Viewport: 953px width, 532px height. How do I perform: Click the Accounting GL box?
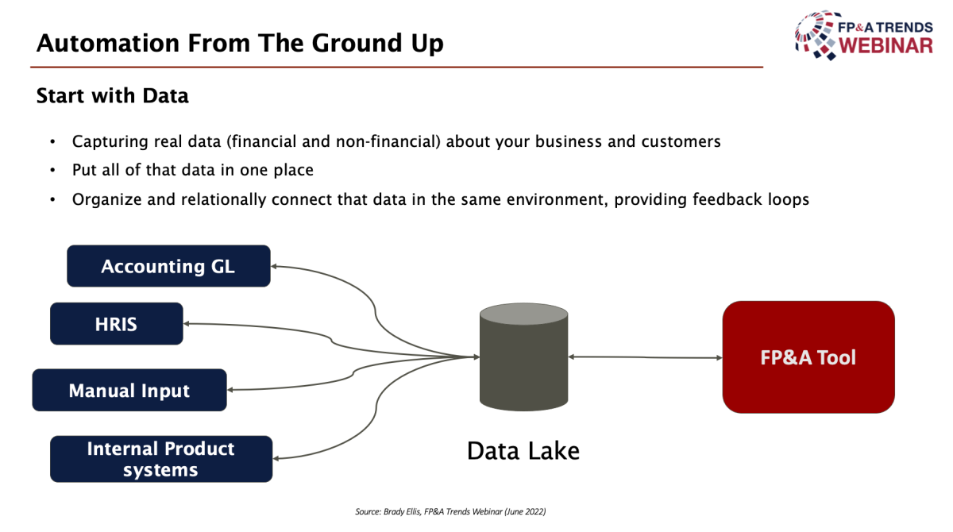tap(168, 266)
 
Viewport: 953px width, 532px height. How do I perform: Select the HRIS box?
tap(117, 324)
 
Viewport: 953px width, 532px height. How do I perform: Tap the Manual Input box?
tap(129, 390)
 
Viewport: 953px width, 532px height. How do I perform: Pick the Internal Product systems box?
tap(161, 459)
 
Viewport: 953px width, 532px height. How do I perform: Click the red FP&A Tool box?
tap(808, 357)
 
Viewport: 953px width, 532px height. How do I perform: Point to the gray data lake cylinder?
tap(523, 357)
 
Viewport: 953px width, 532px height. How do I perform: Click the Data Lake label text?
tap(523, 451)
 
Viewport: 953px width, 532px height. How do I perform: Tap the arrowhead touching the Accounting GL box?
tap(275, 267)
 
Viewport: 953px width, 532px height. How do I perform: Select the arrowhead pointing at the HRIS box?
tap(187, 324)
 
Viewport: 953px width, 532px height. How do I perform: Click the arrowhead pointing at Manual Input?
tap(230, 390)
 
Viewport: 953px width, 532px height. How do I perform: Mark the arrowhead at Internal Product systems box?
tap(276, 458)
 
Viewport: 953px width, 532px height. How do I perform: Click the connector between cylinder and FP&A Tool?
tap(646, 357)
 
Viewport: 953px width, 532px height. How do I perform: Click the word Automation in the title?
tap(108, 43)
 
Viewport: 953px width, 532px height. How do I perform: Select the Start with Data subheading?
tap(112, 96)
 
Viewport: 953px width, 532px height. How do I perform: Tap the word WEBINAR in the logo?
tap(885, 45)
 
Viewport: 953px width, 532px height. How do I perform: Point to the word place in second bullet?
tap(293, 170)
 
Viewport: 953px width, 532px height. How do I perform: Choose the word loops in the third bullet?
tap(789, 199)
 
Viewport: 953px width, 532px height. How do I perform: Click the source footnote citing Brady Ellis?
tap(450, 511)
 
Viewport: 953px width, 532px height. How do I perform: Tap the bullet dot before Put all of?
tap(52, 171)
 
